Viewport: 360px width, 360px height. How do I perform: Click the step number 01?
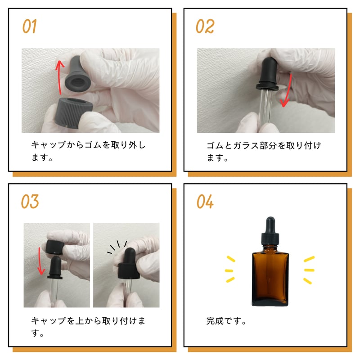pos(29,27)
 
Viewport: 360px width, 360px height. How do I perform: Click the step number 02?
pos(205,27)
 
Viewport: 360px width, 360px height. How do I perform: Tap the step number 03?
pos(30,202)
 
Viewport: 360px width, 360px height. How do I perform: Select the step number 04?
pos(205,202)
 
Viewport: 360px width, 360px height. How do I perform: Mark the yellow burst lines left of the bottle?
pos(230,270)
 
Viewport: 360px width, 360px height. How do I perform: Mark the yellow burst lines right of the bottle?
pos(309,270)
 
